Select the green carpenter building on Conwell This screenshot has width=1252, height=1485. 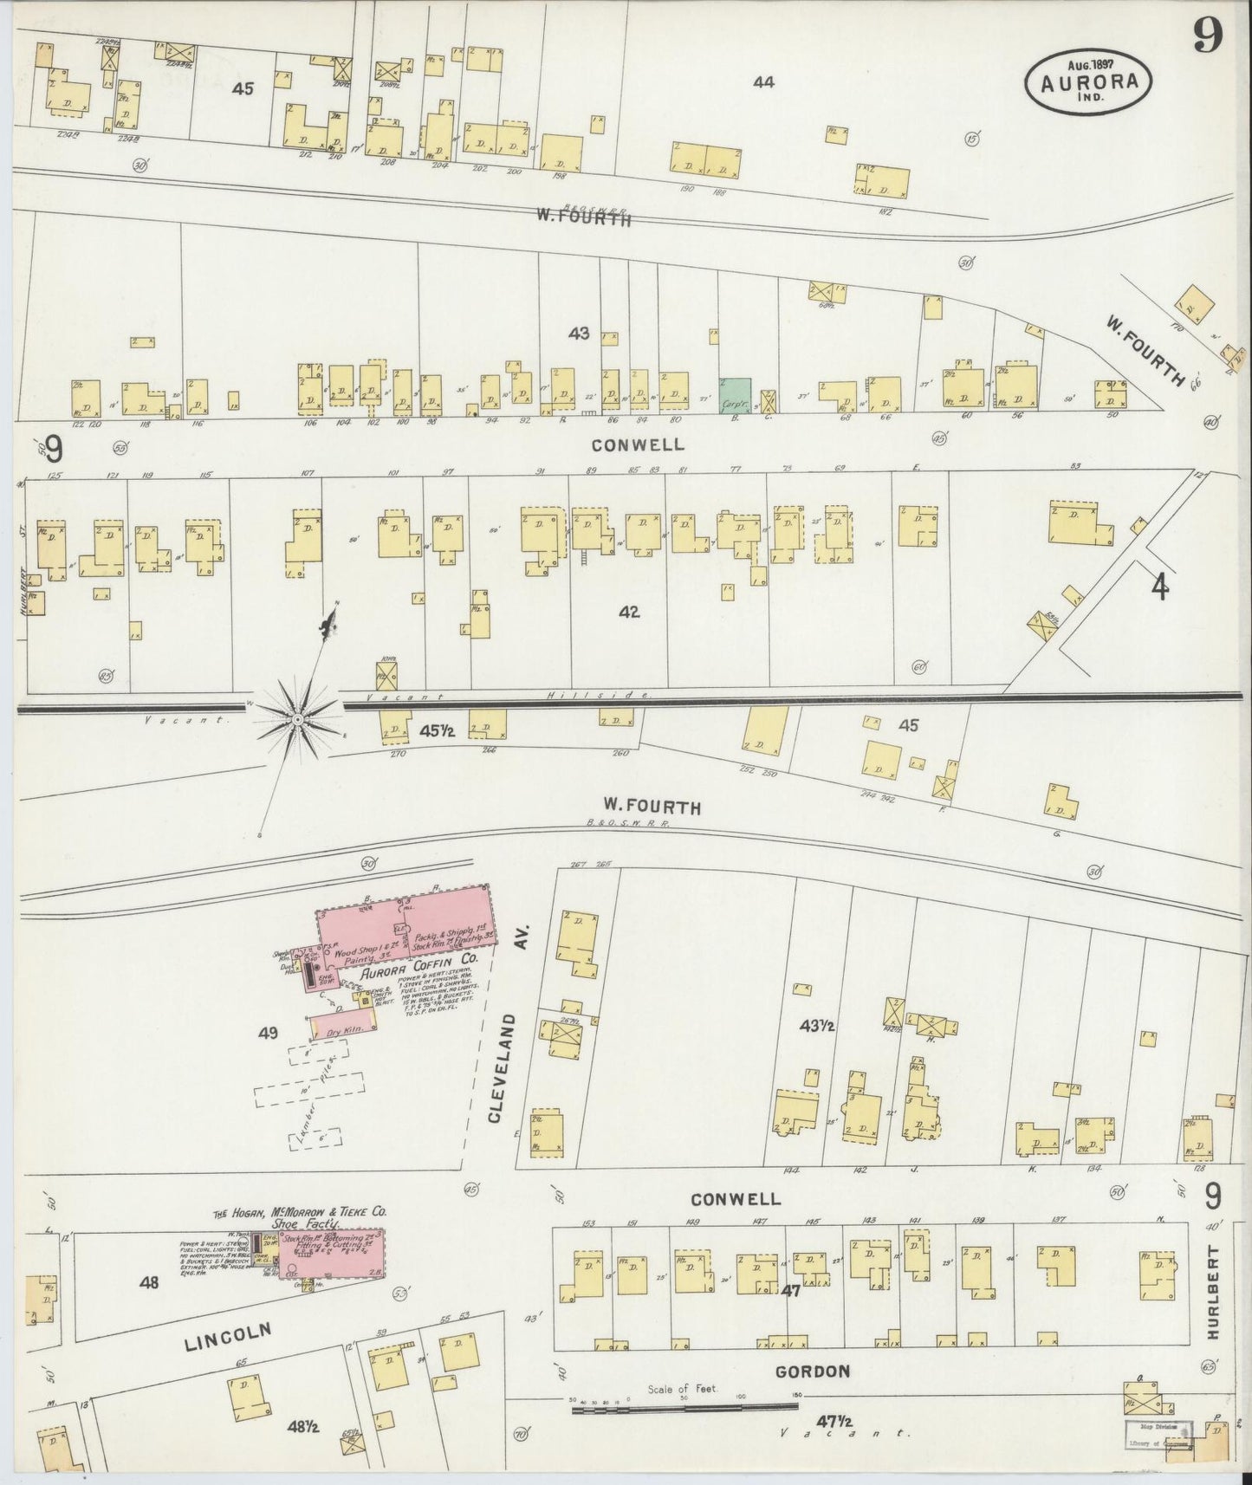(x=735, y=393)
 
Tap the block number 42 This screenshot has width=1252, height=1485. (x=629, y=612)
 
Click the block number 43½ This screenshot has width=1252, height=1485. (x=816, y=1025)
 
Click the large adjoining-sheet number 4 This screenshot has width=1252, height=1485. (x=1158, y=588)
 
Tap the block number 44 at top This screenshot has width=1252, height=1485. (x=763, y=82)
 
